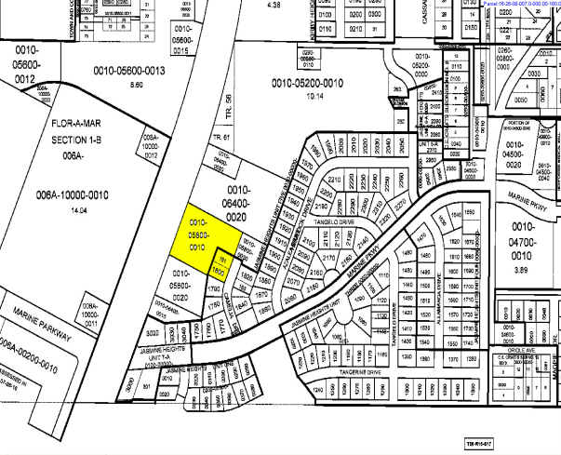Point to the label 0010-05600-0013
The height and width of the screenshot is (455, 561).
[128, 71]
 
